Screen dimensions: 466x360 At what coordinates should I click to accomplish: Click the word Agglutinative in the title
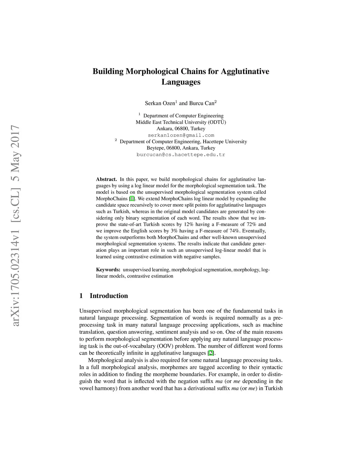pyautogui.click(x=245, y=71)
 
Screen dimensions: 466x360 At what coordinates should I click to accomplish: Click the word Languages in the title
pyautogui.click(x=181, y=82)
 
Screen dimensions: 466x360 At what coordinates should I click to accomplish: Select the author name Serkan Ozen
pyautogui.click(x=160, y=103)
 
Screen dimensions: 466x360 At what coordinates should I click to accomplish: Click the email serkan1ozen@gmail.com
pyautogui.click(x=181, y=135)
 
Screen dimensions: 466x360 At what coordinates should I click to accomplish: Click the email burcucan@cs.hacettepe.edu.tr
pyautogui.click(x=181, y=154)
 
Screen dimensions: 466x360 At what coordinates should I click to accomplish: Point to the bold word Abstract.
pyautogui.click(x=106, y=179)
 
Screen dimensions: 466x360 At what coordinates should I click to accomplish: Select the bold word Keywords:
pyautogui.click(x=108, y=270)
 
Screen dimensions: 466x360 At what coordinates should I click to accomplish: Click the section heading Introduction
pyautogui.click(x=109, y=296)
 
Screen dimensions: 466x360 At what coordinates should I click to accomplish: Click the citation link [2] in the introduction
pyautogui.click(x=211, y=353)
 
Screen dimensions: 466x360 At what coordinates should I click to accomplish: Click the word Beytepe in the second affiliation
pyautogui.click(x=155, y=148)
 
